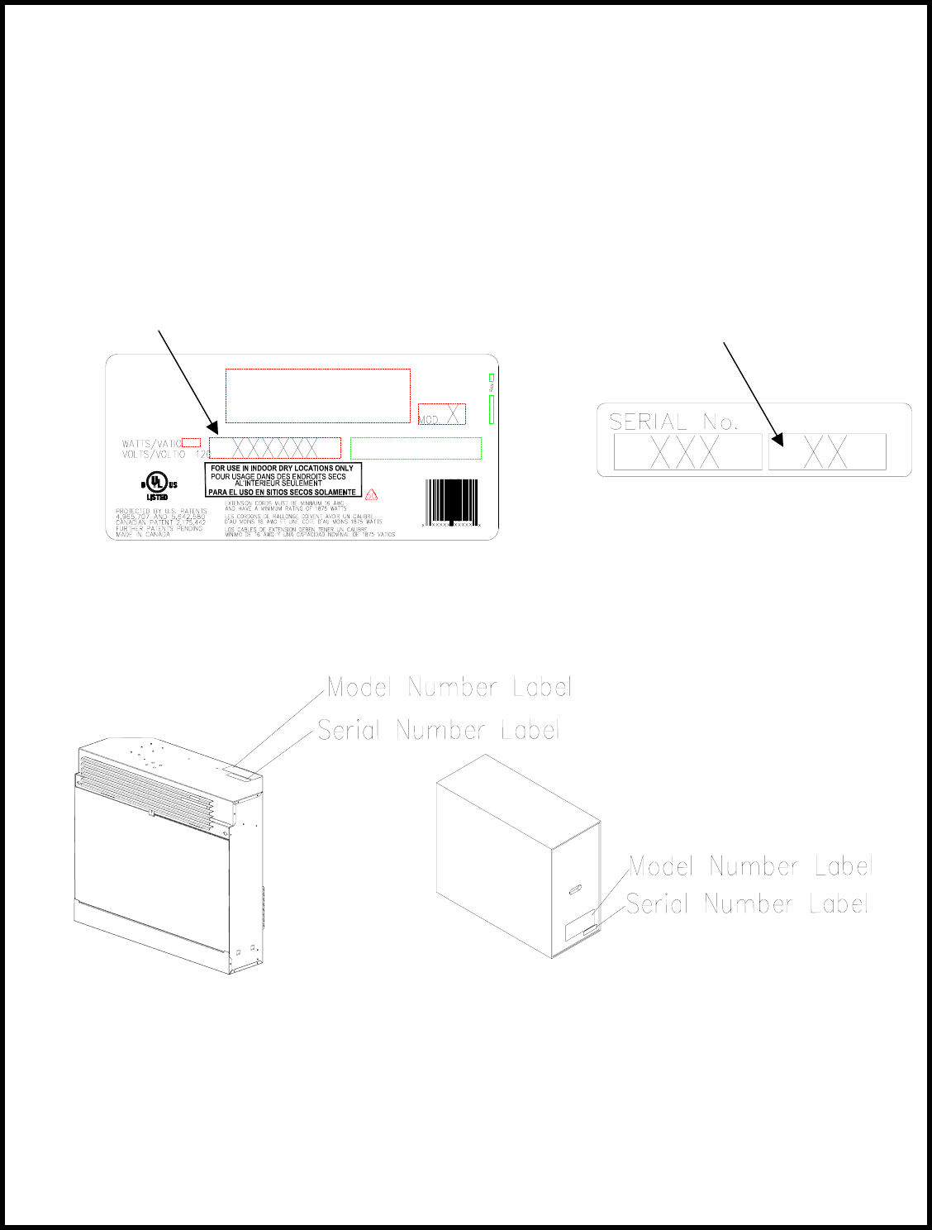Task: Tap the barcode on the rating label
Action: (x=451, y=503)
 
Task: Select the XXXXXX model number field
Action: (x=274, y=448)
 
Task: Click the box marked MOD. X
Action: (x=442, y=414)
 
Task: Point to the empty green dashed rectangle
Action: (x=416, y=448)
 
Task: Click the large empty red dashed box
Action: (x=318, y=396)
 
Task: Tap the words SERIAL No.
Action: (x=673, y=422)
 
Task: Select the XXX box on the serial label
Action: (x=687, y=452)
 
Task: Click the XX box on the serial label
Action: (x=827, y=452)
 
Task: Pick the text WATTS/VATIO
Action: (x=151, y=444)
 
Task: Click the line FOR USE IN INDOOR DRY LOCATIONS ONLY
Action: (x=282, y=468)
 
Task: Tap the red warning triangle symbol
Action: (x=372, y=494)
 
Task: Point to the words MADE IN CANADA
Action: (x=143, y=535)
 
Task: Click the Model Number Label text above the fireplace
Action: (x=449, y=687)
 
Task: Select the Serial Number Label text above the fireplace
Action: (x=439, y=730)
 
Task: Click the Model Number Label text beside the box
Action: (x=750, y=866)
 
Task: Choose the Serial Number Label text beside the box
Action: (x=747, y=903)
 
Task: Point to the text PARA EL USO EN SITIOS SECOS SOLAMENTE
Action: (x=282, y=492)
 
